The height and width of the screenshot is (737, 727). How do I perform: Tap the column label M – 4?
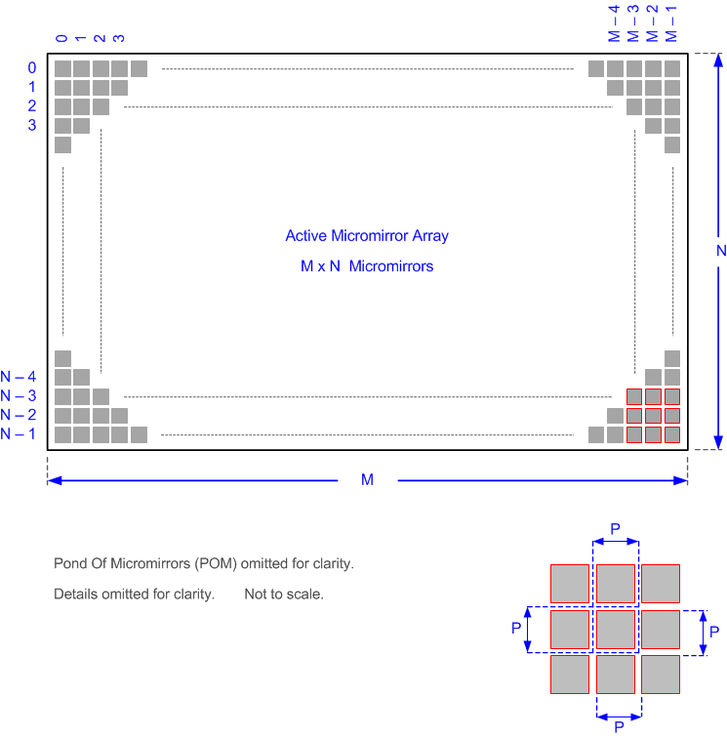click(614, 23)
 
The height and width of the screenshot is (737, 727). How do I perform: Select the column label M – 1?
click(670, 23)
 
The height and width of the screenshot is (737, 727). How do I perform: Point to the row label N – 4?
click(19, 377)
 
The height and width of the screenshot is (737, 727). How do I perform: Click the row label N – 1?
click(19, 434)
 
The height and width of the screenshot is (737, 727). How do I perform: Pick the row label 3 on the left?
click(31, 125)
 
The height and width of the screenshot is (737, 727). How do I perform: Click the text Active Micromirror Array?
click(367, 235)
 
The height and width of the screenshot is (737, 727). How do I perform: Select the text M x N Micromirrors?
click(367, 266)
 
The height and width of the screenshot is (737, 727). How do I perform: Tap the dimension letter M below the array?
click(367, 480)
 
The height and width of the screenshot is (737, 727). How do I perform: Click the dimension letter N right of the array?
click(720, 251)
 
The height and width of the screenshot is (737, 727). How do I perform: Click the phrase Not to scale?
click(284, 594)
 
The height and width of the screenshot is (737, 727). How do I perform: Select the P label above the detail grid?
click(616, 528)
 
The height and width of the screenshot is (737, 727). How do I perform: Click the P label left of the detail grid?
click(515, 630)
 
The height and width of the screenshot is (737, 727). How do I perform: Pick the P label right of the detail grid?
click(714, 631)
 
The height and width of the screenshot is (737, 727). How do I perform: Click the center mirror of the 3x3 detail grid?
click(616, 630)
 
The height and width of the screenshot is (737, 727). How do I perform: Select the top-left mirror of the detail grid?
click(570, 584)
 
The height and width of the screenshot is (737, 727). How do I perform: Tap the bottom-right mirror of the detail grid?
click(661, 675)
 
